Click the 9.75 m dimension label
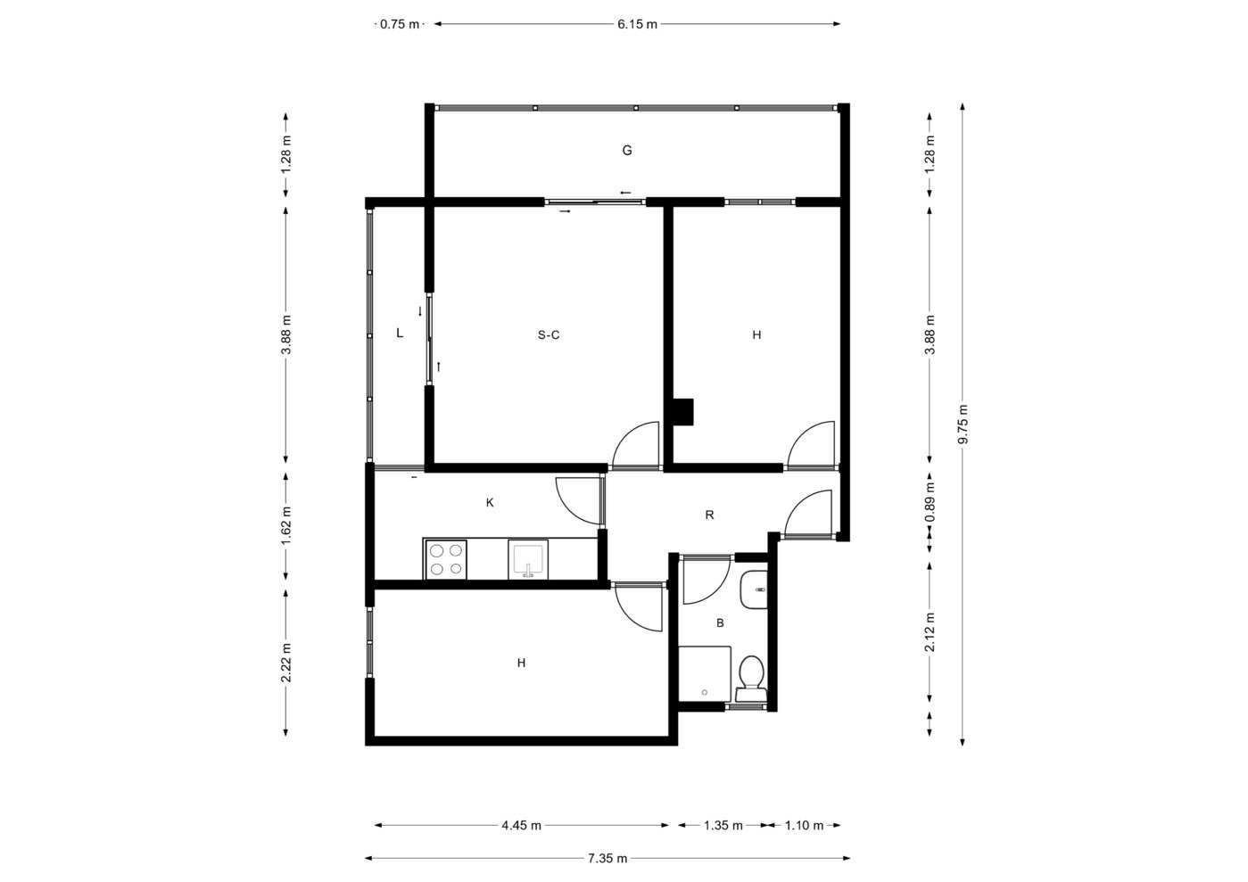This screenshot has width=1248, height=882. [963, 425]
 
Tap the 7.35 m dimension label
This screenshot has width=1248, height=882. [607, 859]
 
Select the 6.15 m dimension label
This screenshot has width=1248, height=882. [637, 24]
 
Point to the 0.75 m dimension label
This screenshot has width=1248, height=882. [400, 24]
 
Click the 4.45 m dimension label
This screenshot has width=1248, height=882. [522, 825]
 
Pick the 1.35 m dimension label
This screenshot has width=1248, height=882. [723, 825]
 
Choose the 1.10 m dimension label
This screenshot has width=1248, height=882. [804, 825]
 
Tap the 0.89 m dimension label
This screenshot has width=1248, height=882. [930, 503]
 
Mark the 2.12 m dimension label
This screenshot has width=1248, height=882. [930, 632]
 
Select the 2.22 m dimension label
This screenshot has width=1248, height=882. [285, 663]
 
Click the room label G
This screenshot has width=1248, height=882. [627, 151]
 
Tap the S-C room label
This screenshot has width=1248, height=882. [549, 334]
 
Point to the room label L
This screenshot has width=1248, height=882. [400, 333]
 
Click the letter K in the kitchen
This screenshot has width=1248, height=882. [490, 503]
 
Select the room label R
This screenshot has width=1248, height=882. [709, 515]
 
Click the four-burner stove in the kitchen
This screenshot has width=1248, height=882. [446, 559]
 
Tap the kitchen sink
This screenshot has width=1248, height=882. [528, 559]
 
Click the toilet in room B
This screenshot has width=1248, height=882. [751, 678]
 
